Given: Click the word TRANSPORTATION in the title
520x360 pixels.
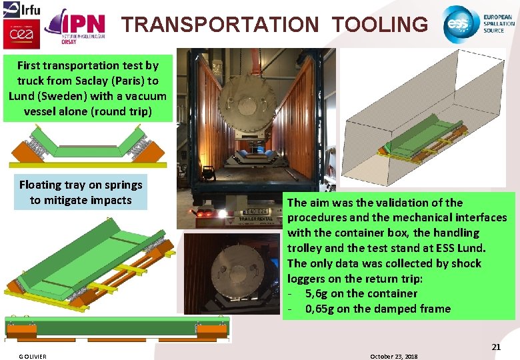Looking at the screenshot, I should coord(220,25).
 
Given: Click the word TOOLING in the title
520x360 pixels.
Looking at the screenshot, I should coord(380,25).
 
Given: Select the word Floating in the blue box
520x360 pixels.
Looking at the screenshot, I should coord(41,185).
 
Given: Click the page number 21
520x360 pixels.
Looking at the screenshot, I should coord(496,347).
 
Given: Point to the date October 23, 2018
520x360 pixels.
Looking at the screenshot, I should coord(393,357).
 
